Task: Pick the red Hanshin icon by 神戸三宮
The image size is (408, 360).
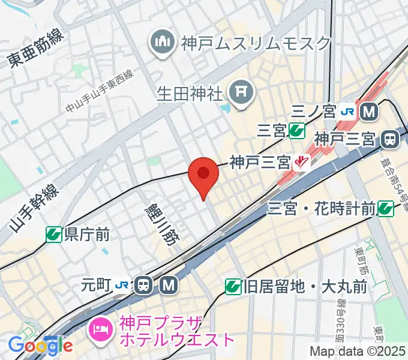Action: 301,161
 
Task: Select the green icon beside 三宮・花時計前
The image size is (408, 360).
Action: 386,209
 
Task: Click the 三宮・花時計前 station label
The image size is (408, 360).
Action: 322,209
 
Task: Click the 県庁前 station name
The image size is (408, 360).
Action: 86,234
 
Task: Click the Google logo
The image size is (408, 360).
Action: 40,345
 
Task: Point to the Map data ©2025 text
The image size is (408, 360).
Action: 358,351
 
